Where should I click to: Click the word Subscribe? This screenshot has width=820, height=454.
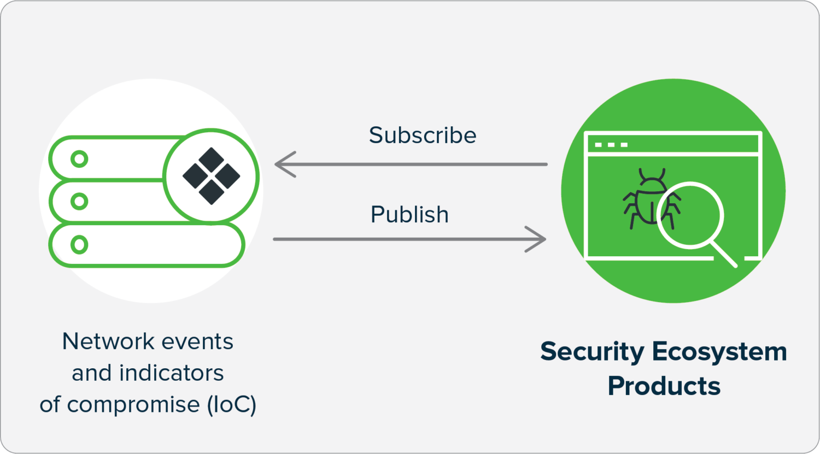(422, 135)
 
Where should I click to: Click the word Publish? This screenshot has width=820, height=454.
(409, 215)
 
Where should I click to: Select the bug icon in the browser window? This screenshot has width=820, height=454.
(645, 199)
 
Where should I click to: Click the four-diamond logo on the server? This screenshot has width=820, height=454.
(211, 176)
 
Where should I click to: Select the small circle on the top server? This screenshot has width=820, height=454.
(80, 160)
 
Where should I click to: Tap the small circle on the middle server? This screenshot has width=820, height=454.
(80, 202)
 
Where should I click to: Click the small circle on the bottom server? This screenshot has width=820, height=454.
(80, 244)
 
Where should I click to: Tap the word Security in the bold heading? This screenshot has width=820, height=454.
(592, 352)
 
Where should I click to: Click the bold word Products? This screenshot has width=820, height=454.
(664, 386)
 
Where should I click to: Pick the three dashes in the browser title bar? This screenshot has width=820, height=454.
(611, 145)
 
